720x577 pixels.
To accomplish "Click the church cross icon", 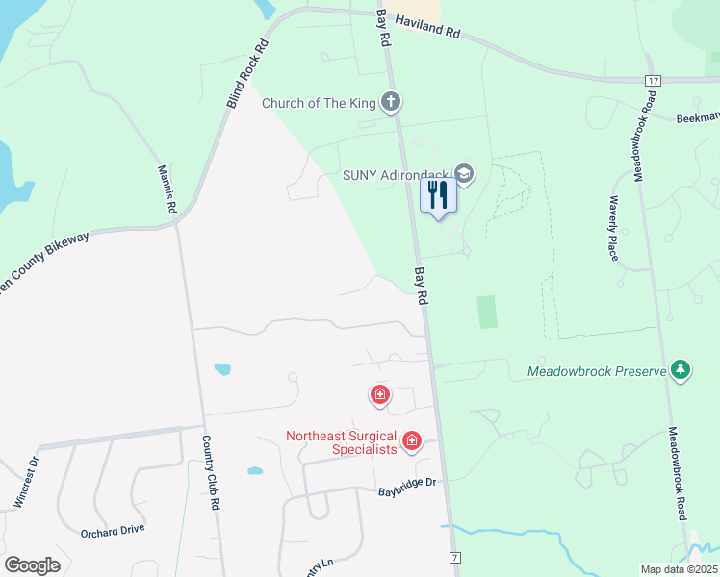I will [390, 101].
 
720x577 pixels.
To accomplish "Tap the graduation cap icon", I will [464, 174].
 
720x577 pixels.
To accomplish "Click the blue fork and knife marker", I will [438, 195].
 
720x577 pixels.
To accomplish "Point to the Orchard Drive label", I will [113, 529].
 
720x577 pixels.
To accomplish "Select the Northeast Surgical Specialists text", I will [342, 442].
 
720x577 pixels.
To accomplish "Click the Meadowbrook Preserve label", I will [597, 370].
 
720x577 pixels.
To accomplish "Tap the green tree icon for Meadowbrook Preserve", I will [681, 370].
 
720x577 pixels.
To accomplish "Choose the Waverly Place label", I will [611, 229].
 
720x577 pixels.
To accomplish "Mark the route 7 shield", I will [454, 558].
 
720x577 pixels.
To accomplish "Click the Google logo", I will [33, 565].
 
